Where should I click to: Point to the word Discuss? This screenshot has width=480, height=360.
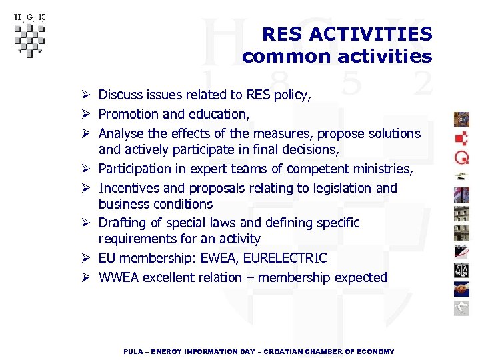tap(123, 95)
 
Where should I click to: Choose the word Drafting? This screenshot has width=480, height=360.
tap(123, 223)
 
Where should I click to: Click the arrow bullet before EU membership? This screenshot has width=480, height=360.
tap(87, 258)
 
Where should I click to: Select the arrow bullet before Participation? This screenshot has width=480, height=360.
tap(87, 169)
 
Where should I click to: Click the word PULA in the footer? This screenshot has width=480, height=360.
tap(133, 351)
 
